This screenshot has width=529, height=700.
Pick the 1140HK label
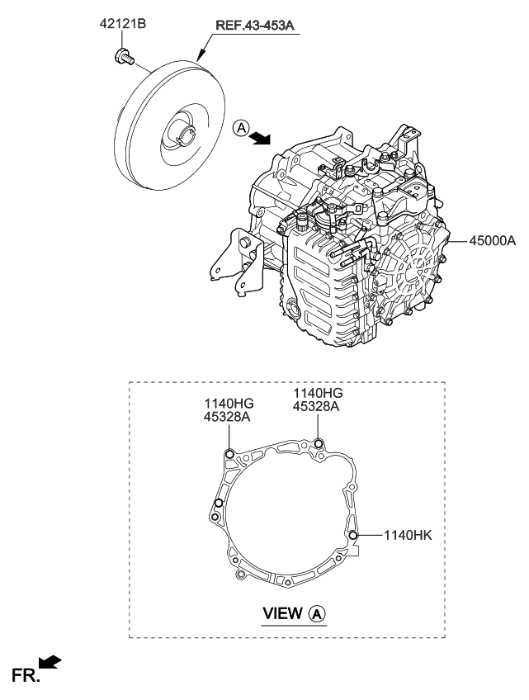click(x=408, y=535)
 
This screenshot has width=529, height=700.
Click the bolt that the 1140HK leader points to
click(x=353, y=536)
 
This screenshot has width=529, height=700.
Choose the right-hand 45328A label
click(x=317, y=405)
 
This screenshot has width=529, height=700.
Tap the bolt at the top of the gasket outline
click(x=317, y=444)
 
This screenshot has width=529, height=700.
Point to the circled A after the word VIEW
click(x=318, y=614)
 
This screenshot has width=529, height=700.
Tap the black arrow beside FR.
click(x=50, y=662)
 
